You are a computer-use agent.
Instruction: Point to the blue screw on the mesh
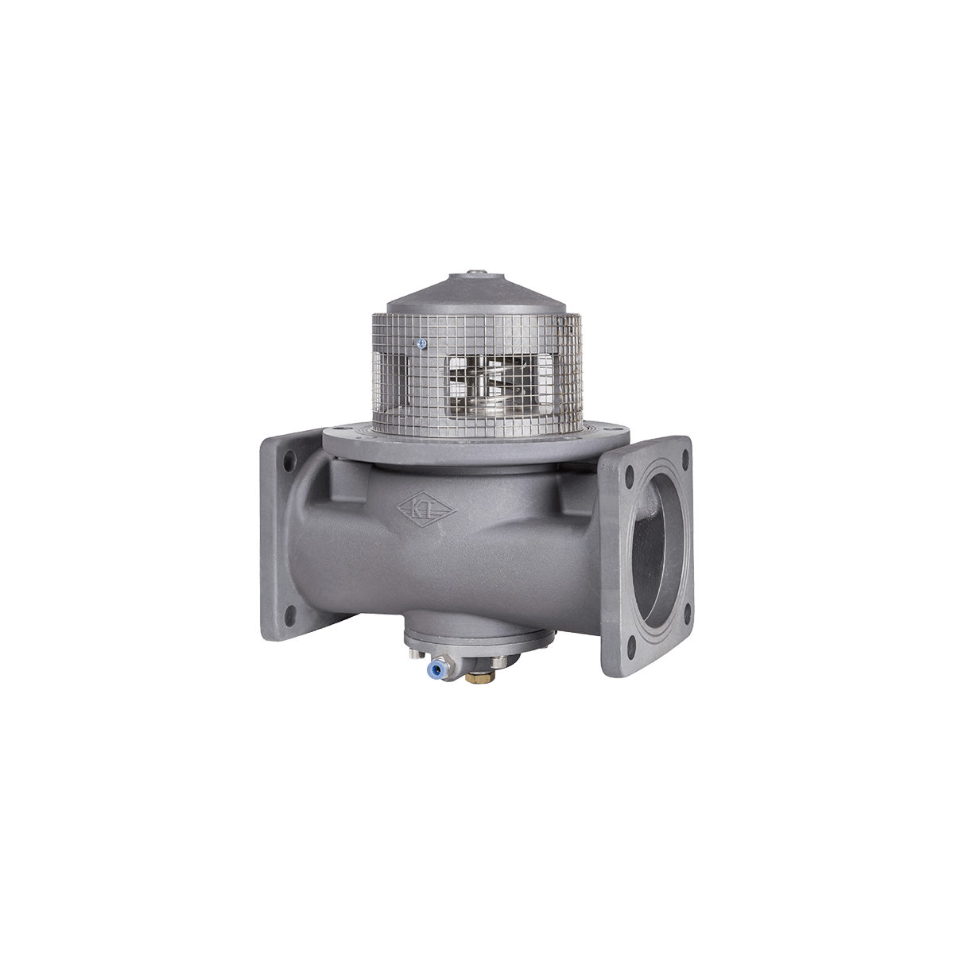(423, 343)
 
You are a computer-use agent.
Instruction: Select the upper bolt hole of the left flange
(284, 460)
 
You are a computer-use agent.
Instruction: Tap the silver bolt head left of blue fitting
(413, 653)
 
